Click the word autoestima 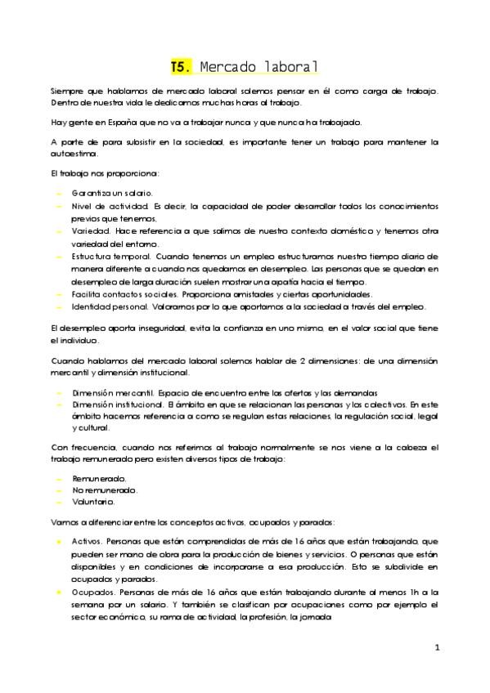[73, 153]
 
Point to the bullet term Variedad [88, 231]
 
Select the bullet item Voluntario [92, 502]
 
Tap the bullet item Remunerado [97, 477]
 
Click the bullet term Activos [87, 542]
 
